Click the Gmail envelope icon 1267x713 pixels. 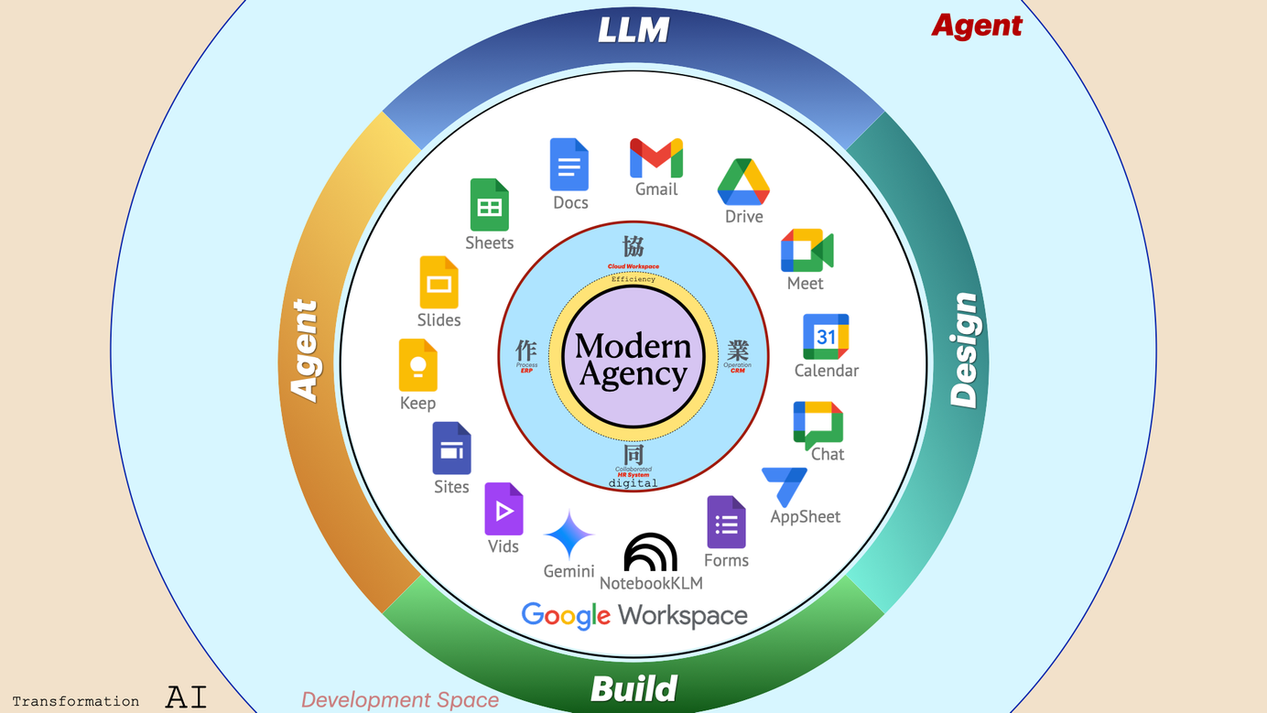click(656, 158)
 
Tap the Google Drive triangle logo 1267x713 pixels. click(743, 182)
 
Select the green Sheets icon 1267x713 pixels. click(489, 204)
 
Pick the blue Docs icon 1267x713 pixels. click(569, 165)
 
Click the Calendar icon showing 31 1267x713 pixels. click(826, 337)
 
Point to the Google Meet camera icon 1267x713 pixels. click(807, 251)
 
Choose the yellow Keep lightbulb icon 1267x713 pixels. click(417, 365)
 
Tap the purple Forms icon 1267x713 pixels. click(726, 523)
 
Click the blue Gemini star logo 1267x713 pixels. click(569, 535)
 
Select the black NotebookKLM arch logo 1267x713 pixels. click(650, 552)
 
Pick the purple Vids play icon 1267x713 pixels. click(504, 509)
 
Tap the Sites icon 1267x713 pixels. click(451, 448)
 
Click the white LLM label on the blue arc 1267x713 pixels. click(633, 30)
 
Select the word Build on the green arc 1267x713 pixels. click(633, 688)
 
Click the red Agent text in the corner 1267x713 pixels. click(977, 26)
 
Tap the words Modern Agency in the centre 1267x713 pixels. click(633, 360)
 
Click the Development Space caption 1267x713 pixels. click(400, 700)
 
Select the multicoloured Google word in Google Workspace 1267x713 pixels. click(566, 616)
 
